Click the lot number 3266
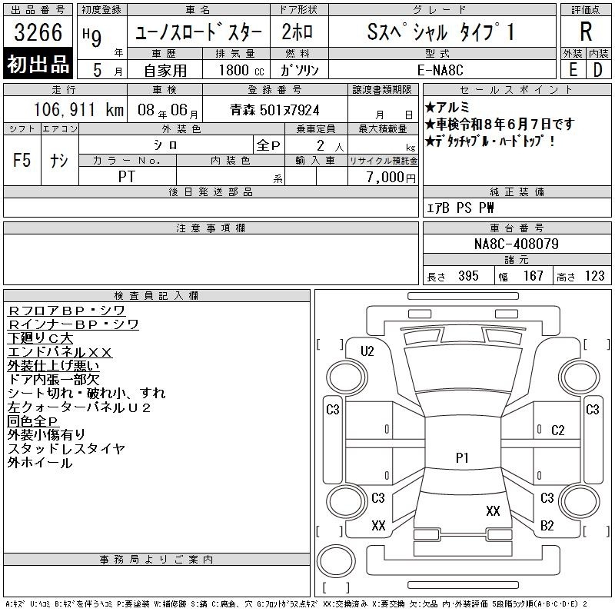(x=38, y=32)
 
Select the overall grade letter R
(x=586, y=32)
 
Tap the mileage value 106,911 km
(x=78, y=109)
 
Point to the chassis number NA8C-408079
(x=516, y=244)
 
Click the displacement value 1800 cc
(x=241, y=70)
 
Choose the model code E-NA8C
(x=440, y=70)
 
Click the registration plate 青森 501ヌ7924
(x=274, y=110)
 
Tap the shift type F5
(x=22, y=160)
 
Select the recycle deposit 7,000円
(x=391, y=177)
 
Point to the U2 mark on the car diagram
(x=367, y=351)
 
